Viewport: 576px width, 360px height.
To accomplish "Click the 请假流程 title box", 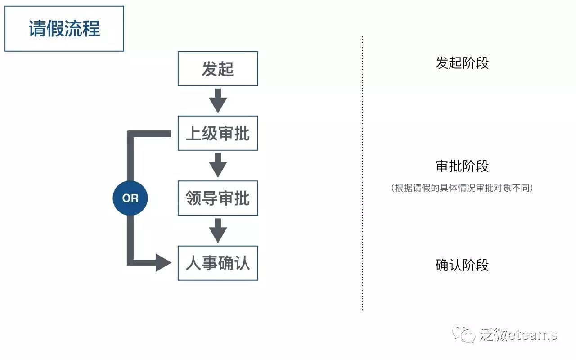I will (x=64, y=29).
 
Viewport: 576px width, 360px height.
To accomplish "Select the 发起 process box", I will (x=218, y=69).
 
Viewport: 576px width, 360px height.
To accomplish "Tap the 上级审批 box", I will (x=218, y=133).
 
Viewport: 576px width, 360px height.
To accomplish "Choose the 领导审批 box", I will (x=218, y=198).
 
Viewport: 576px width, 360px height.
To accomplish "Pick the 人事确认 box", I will (x=218, y=263).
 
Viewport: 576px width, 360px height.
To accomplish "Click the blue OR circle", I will (x=130, y=198).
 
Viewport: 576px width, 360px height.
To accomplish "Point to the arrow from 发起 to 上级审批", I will (x=218, y=100).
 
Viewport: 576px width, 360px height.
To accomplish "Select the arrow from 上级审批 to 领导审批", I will (x=218, y=165).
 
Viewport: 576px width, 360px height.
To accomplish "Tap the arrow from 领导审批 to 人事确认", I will (x=218, y=230).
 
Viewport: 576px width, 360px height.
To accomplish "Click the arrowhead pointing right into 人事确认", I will (x=163, y=262).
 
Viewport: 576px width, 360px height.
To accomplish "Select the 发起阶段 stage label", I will (x=462, y=63).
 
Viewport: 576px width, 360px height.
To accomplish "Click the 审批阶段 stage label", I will (x=462, y=166).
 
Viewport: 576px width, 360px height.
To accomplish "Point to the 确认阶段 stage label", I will (x=462, y=265).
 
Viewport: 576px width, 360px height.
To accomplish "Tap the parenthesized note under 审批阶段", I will (x=462, y=188).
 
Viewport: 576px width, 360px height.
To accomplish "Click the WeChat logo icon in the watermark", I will (x=464, y=334).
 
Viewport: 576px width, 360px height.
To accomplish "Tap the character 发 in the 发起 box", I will (x=210, y=69).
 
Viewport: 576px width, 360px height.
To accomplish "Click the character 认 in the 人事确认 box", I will (x=242, y=263).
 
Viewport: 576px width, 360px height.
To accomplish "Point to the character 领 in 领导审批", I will (x=194, y=198).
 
